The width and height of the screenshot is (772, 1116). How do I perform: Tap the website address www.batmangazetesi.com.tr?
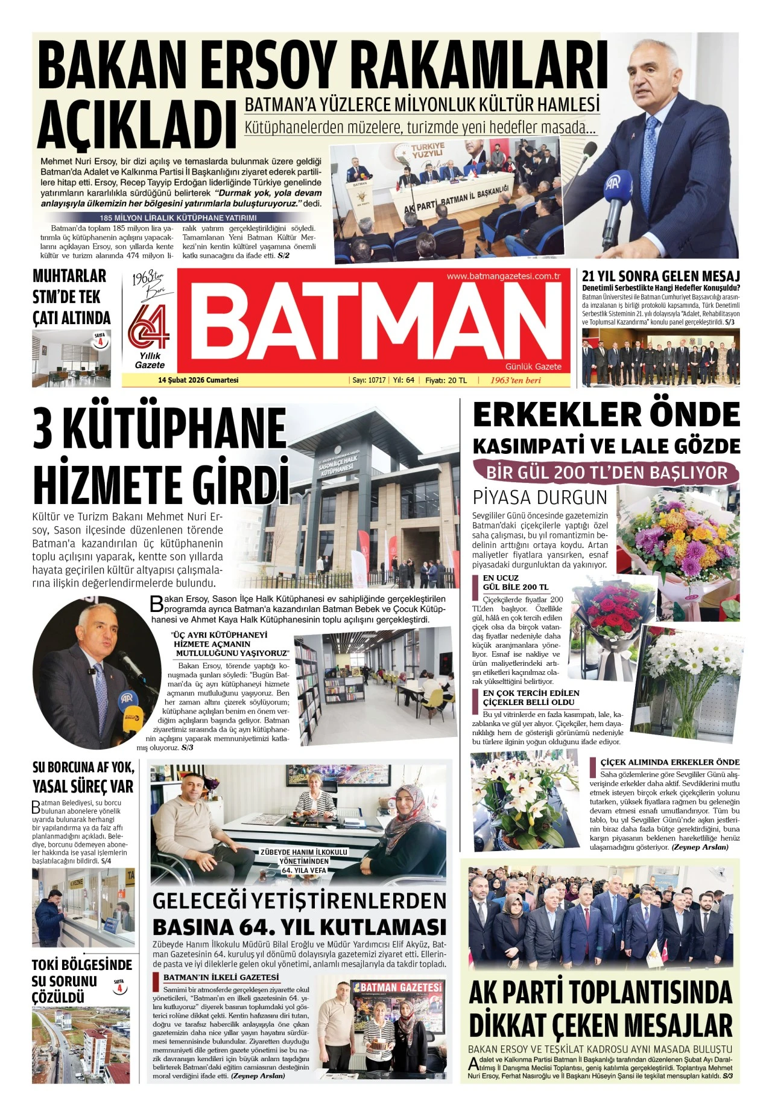[503, 276]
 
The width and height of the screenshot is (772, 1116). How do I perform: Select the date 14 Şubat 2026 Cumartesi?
[198, 380]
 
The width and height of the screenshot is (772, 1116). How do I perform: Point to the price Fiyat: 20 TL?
[446, 380]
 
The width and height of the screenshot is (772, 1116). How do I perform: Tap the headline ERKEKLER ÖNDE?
[606, 416]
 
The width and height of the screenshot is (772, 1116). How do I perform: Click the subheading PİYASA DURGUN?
[540, 497]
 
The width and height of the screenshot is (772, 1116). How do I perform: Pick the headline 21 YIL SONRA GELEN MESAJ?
[660, 276]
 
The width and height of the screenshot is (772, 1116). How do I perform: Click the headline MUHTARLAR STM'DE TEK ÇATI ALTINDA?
[71, 297]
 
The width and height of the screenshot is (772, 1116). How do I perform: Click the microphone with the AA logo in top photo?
[616, 193]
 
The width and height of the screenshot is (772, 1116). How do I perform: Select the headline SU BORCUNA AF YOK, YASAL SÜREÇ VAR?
[83, 777]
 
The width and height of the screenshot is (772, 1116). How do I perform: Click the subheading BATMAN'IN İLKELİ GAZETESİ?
[221, 977]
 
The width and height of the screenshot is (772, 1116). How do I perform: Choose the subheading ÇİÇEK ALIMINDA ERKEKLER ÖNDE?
[669, 762]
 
